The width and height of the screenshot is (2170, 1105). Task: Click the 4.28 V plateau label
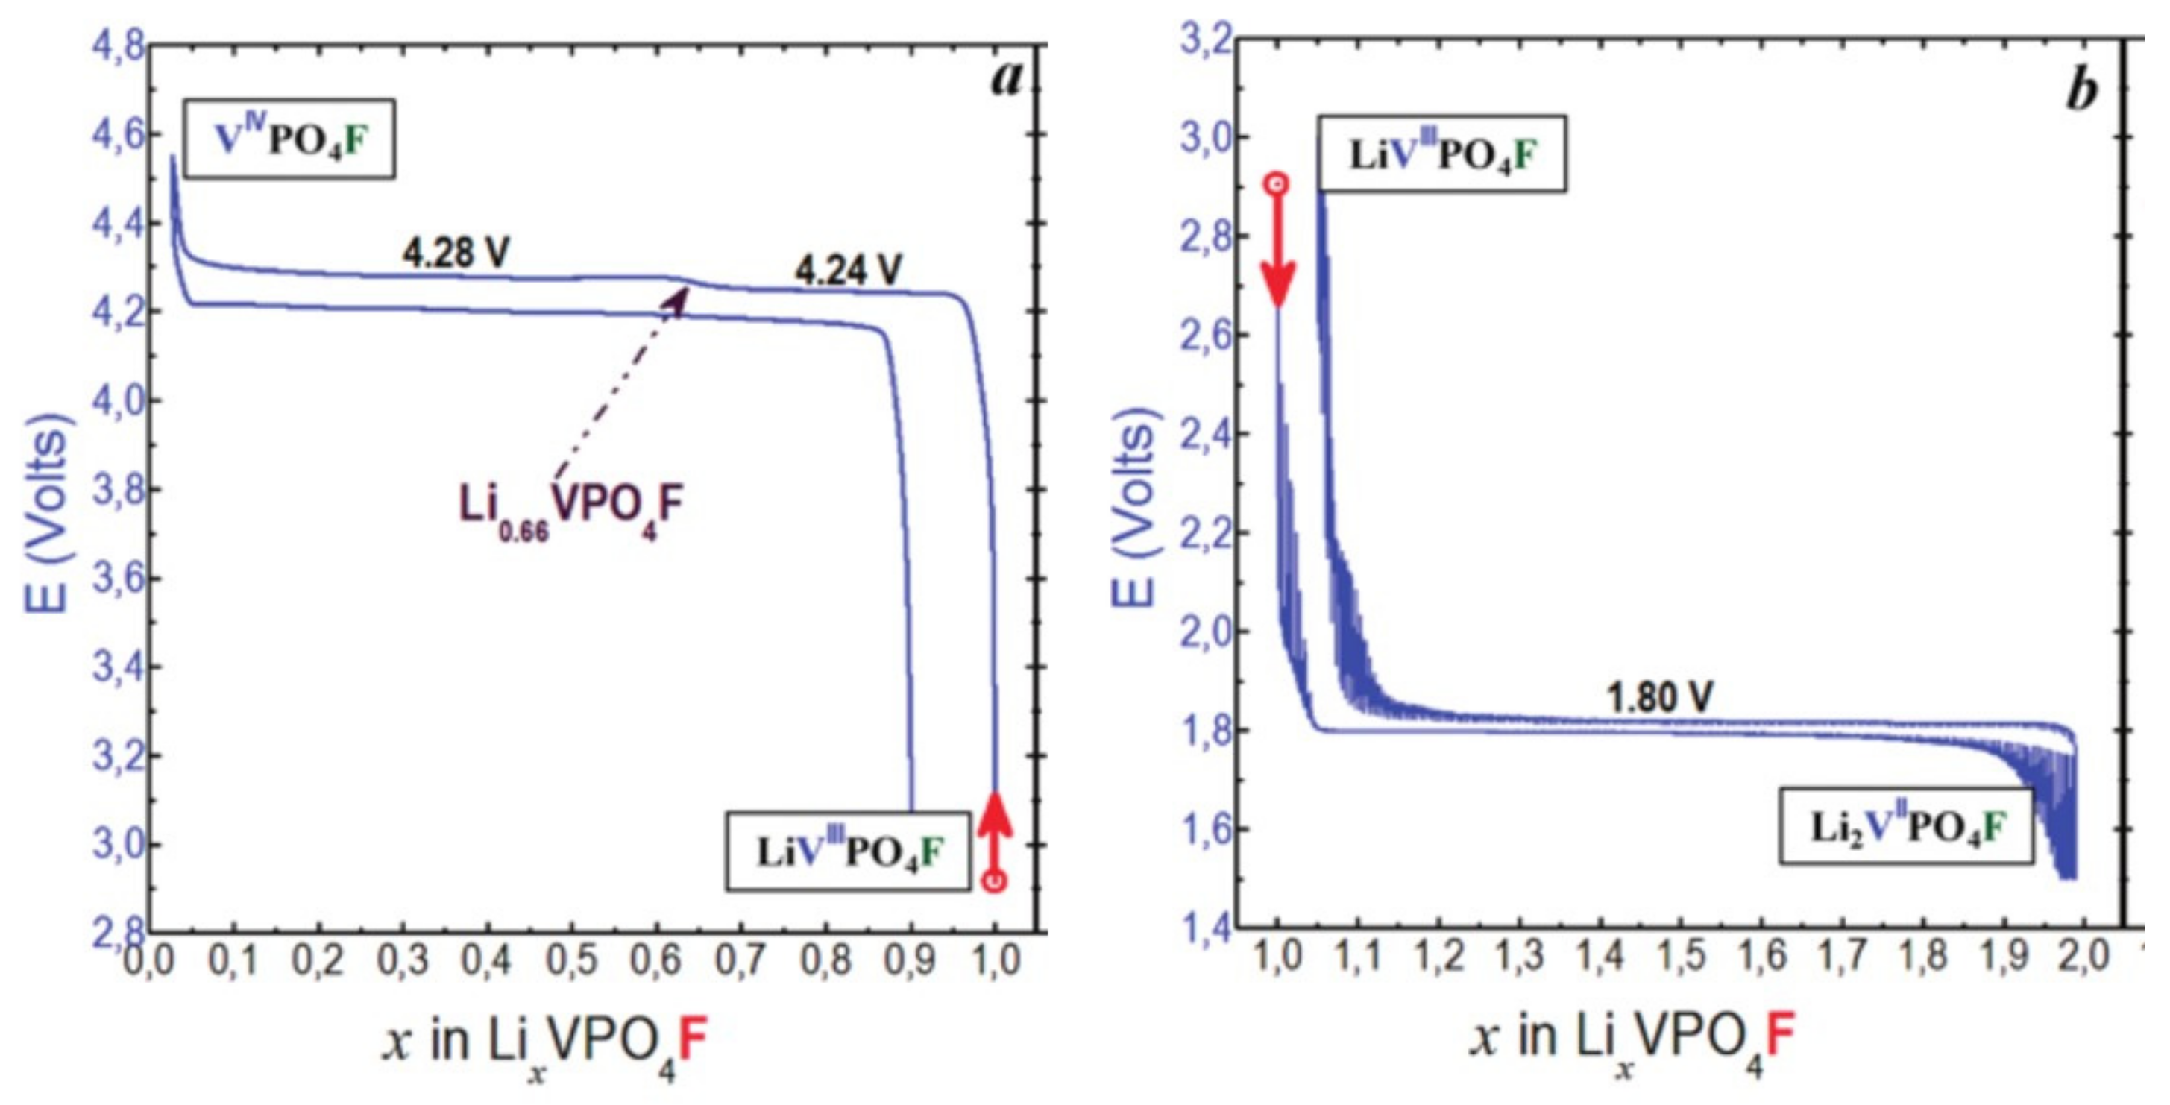coord(456,253)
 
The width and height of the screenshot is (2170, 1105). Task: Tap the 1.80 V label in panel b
coord(1658,698)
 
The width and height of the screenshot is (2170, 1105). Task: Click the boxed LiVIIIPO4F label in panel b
coord(1442,154)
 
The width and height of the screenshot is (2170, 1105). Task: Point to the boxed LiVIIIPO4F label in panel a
coord(847,852)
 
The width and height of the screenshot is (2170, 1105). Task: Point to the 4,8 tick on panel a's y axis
coord(118,45)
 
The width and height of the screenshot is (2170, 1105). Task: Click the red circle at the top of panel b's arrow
coord(1277,183)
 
